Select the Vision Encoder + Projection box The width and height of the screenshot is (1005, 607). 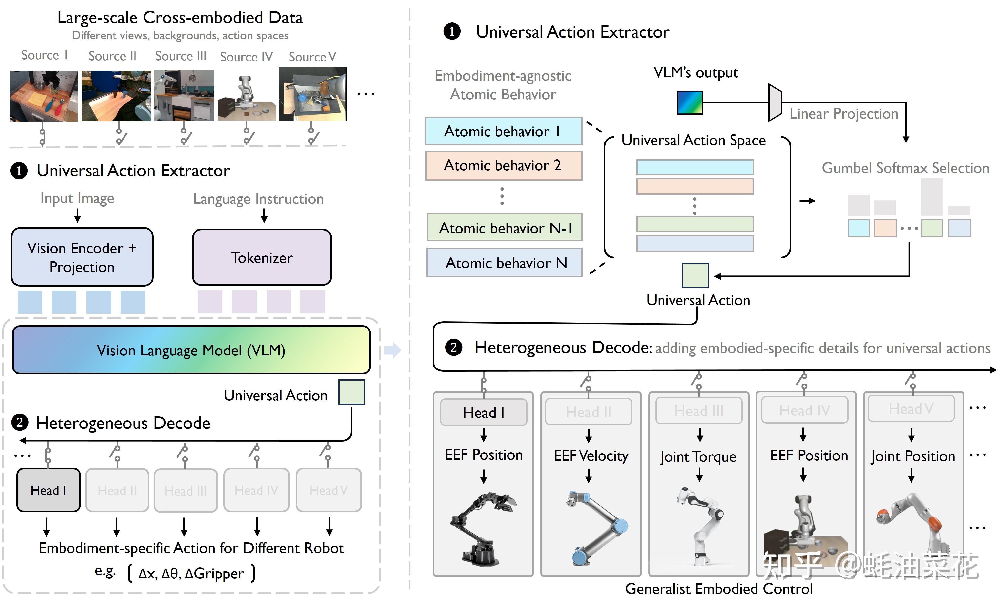point(82,257)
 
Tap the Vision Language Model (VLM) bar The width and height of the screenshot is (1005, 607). point(191,350)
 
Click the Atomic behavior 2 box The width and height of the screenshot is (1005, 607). point(504,165)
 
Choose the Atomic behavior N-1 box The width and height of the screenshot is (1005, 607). point(505,227)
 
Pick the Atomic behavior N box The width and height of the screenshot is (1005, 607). point(505,263)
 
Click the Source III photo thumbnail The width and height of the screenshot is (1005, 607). point(184,95)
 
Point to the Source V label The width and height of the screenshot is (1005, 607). point(312,57)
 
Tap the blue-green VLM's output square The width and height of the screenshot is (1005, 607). point(690,102)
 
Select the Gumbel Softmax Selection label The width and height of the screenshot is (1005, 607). point(905,168)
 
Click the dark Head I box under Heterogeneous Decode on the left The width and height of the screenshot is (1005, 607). point(48,490)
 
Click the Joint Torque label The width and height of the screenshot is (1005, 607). point(698,456)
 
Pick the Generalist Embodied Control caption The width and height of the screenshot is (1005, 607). point(719,589)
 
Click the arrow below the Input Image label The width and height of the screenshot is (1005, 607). point(77,215)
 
